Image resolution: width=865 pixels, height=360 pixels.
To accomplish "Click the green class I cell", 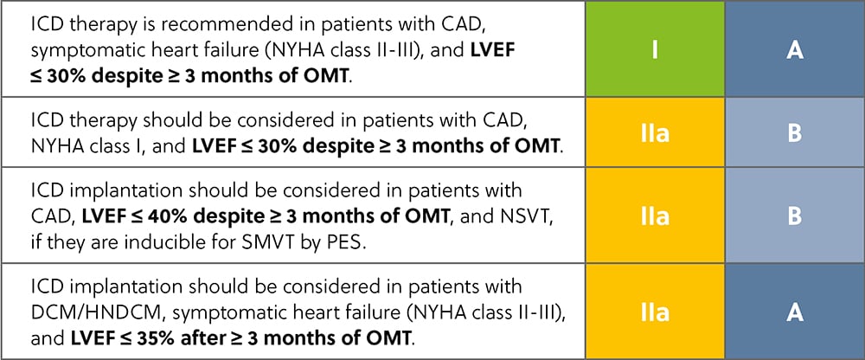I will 655,50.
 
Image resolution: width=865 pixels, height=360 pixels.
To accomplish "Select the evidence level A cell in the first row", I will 795,50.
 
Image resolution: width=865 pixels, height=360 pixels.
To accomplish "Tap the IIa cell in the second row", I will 655,134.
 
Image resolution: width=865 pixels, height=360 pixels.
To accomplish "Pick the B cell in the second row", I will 795,134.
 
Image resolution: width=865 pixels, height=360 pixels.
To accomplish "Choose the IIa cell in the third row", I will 655,216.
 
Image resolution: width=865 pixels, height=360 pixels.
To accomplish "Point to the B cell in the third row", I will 795,216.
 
